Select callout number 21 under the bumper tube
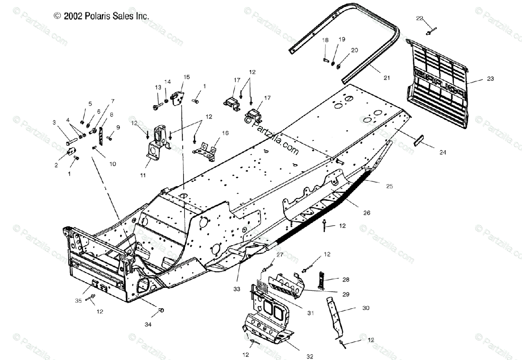pos(387,78)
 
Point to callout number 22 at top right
pos(419,18)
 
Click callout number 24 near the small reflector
pos(442,152)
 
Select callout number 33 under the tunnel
pos(237,289)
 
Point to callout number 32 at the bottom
pos(309,356)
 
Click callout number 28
pos(345,280)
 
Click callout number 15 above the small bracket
pos(186,77)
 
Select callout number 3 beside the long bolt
pos(54,123)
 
